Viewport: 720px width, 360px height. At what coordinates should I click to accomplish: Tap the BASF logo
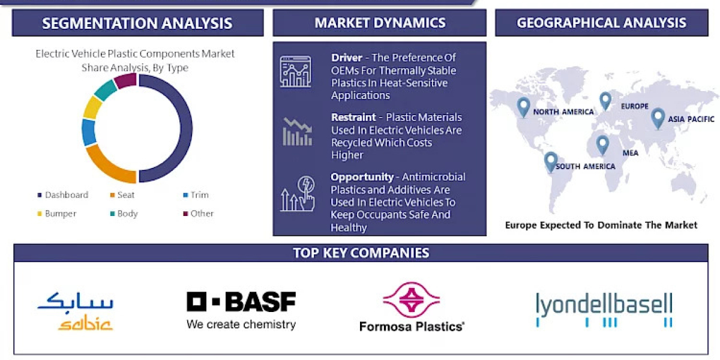tap(241, 309)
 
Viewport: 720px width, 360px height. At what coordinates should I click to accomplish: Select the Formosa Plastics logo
tap(412, 307)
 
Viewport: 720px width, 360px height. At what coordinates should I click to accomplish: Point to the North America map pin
tap(523, 107)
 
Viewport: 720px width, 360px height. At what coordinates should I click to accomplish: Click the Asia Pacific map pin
tap(658, 117)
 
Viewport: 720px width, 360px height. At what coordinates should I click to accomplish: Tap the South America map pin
tap(551, 161)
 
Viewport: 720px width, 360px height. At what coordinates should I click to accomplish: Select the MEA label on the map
tap(630, 153)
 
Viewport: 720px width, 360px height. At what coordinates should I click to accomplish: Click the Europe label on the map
tap(635, 106)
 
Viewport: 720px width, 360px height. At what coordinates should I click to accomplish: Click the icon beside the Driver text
tap(295, 71)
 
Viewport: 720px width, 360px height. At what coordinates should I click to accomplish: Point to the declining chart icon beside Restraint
tap(297, 131)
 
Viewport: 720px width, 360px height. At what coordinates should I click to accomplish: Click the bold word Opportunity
tap(361, 177)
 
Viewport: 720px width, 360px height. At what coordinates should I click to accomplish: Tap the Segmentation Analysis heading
tap(137, 23)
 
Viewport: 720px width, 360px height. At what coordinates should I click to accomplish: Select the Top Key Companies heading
tap(361, 253)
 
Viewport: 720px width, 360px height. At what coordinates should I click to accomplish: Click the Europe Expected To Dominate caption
tap(601, 225)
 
